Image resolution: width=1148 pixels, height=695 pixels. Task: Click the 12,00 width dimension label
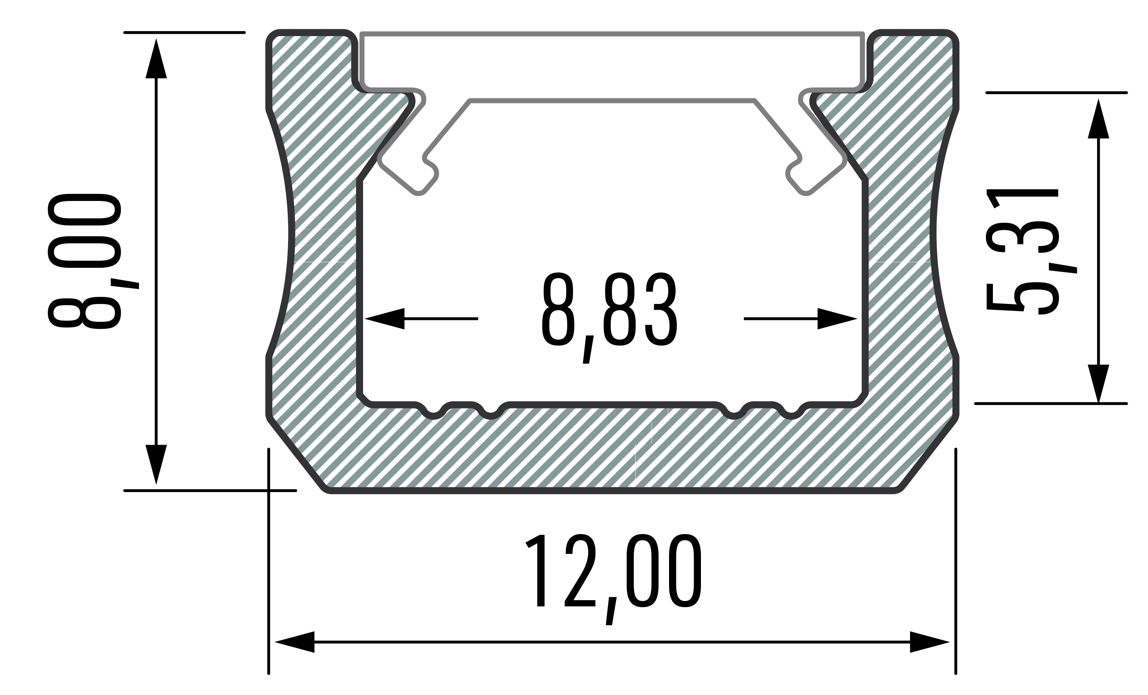click(613, 579)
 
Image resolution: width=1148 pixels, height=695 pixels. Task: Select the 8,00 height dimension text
click(85, 261)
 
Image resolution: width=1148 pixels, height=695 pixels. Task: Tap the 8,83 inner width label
click(609, 317)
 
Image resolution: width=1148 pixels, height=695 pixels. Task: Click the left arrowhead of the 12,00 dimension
click(294, 642)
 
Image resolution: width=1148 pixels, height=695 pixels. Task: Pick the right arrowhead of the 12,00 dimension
click(930, 642)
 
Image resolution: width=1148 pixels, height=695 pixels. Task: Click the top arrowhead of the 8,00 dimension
click(156, 58)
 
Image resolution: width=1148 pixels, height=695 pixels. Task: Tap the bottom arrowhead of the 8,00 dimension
click(156, 464)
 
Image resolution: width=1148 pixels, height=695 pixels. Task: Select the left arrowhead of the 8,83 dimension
click(384, 319)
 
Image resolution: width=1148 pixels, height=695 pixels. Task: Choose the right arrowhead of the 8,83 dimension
click(838, 319)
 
